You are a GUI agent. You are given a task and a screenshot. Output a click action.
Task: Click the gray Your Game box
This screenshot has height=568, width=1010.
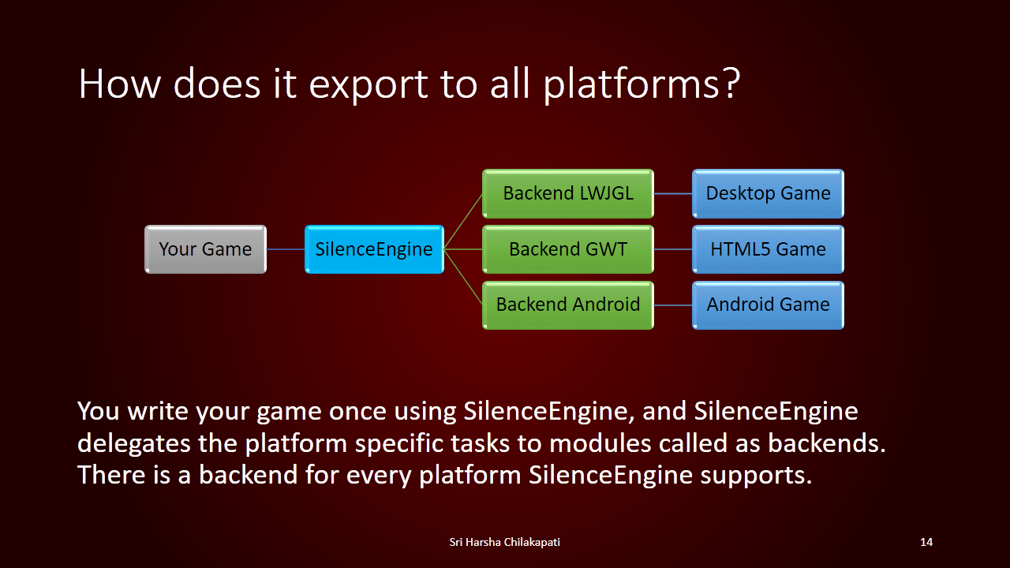point(206,249)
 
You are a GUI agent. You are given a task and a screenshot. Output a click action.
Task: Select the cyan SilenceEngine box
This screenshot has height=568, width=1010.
point(374,249)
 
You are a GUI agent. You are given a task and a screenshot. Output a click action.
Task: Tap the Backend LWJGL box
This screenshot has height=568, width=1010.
point(568,193)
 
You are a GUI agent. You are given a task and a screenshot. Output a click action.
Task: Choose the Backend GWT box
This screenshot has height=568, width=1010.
point(568,249)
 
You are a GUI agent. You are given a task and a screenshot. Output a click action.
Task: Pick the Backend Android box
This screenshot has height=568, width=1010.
point(568,305)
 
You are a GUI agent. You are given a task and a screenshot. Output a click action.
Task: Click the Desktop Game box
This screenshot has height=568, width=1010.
point(768,193)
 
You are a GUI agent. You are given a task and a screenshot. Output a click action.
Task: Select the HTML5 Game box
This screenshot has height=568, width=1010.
point(768,249)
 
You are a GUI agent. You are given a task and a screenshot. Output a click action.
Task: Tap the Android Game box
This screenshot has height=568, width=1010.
point(768,305)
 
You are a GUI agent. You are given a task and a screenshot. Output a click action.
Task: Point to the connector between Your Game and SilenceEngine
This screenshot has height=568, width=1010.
point(286,249)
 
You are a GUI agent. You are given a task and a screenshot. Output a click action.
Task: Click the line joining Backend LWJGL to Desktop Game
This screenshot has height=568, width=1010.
point(673,194)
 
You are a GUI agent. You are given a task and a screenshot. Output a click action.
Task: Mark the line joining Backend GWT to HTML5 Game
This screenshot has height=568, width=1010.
point(673,249)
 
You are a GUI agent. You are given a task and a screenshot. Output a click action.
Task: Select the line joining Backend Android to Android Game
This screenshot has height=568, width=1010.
point(673,305)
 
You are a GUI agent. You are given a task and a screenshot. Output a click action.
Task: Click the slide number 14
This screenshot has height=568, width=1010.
point(926,542)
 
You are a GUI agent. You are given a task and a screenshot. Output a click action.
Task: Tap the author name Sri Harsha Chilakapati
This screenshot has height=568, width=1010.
point(504,542)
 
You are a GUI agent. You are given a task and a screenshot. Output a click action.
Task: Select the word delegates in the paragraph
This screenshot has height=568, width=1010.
point(134,444)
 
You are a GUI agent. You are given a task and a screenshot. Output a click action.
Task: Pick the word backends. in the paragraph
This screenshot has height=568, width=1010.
point(827,443)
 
